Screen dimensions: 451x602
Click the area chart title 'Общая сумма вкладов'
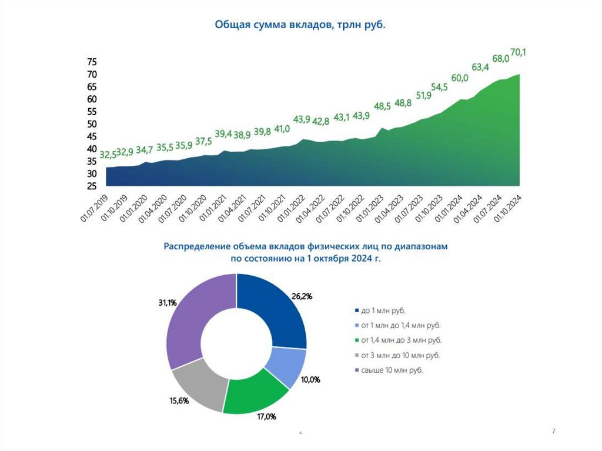click(x=300, y=25)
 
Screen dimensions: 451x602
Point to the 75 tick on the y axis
click(x=91, y=62)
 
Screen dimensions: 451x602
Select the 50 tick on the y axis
click(x=91, y=124)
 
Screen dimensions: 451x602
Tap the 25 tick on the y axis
click(x=91, y=186)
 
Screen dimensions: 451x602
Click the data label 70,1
click(x=518, y=53)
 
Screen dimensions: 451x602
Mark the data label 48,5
click(x=382, y=106)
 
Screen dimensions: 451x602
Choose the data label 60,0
click(x=460, y=78)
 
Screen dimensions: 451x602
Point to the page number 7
click(x=553, y=432)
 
